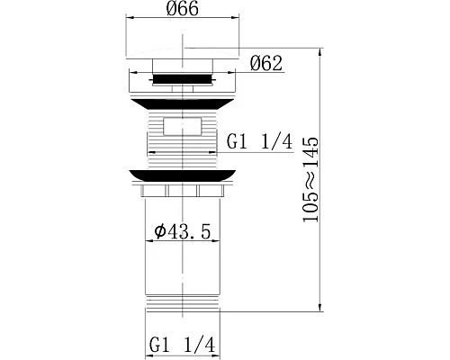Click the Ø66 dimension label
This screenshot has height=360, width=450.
pos(184,10)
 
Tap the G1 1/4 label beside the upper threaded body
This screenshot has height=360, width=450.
pos(261,143)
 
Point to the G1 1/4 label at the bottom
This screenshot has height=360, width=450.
pos(184,344)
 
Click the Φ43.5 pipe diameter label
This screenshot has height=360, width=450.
pos(184,232)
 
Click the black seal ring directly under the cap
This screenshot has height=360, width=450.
pos(184,79)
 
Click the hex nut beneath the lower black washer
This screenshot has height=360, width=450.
pos(184,191)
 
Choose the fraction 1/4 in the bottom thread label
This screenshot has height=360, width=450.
pos(206,344)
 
